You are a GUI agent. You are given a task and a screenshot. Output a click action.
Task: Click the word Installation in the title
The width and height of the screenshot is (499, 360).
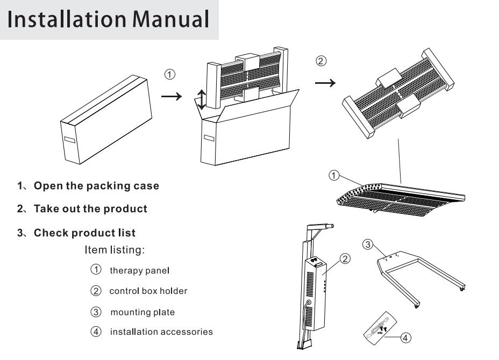click(59, 19)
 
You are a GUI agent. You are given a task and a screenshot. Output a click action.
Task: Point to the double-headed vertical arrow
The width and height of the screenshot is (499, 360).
click(201, 100)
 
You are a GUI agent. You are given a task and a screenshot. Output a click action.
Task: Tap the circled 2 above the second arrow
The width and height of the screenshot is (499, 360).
click(320, 61)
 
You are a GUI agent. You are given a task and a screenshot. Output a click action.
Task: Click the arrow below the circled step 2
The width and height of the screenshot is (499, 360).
click(325, 83)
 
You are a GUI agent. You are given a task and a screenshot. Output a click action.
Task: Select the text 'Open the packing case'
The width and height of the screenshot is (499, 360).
click(96, 186)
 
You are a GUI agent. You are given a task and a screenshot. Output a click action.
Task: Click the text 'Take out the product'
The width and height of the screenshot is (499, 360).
click(90, 208)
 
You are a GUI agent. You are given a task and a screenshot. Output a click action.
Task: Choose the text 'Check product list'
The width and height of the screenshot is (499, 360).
click(84, 233)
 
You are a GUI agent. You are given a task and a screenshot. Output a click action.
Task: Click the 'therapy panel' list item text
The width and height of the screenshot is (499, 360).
click(139, 270)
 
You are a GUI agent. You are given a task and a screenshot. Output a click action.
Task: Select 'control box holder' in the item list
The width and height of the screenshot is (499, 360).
click(148, 291)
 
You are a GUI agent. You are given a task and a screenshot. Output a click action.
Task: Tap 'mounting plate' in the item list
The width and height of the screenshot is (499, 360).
click(142, 312)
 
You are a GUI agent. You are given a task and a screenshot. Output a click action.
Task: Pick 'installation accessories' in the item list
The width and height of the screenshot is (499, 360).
click(161, 332)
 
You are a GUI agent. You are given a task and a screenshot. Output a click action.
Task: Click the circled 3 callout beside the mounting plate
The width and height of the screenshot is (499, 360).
click(368, 244)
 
